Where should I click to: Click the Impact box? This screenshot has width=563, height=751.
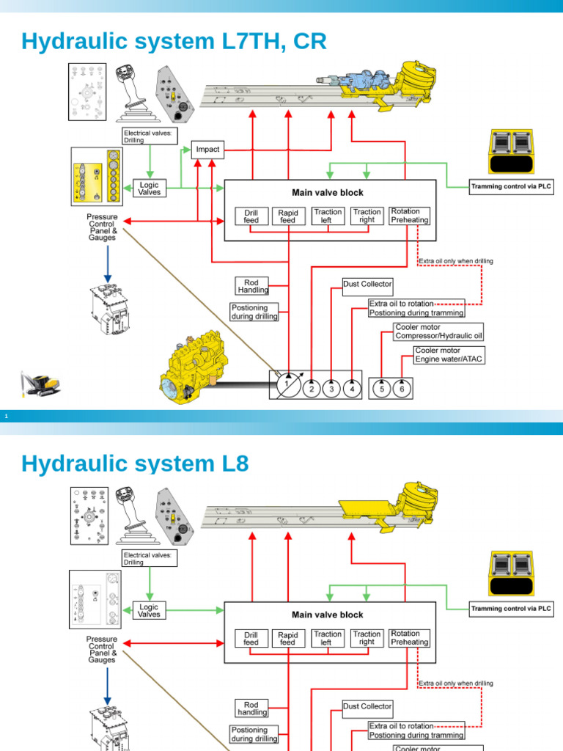coord(207,149)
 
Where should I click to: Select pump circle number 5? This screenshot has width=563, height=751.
coord(381,389)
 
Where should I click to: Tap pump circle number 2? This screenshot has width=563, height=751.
coord(312,389)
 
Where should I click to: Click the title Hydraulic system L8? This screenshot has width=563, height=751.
coord(135,464)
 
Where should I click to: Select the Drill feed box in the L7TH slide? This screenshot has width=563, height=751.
coord(251,216)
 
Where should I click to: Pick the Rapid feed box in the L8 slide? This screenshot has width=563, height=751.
coord(287,638)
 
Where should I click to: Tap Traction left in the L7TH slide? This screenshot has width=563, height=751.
coord(328,216)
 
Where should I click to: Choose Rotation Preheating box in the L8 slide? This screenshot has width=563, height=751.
coord(409,637)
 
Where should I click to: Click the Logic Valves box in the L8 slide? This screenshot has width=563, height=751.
coord(149,610)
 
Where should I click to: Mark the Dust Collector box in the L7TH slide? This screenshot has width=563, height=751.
coord(367,284)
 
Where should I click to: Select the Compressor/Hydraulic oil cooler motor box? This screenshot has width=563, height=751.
coord(438,331)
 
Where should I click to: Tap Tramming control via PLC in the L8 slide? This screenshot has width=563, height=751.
coord(511,609)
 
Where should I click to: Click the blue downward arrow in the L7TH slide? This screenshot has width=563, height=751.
coord(108,263)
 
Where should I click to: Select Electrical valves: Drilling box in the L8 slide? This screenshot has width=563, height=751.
coord(150,559)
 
